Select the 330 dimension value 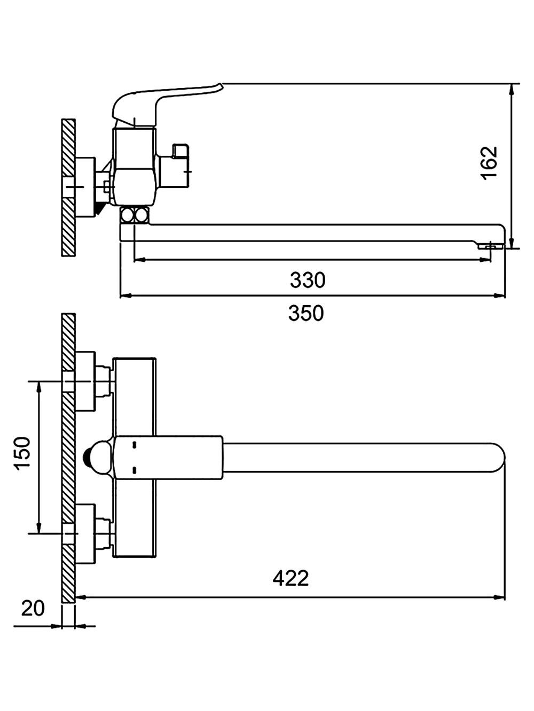pos(308,280)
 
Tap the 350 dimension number pos(306,313)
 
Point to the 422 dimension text pos(290,578)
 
